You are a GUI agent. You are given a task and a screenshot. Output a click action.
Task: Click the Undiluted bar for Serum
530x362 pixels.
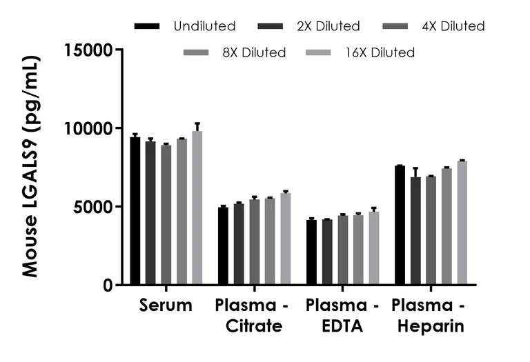(x=135, y=211)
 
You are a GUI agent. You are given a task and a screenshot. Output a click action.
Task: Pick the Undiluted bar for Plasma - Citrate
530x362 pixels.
(x=223, y=246)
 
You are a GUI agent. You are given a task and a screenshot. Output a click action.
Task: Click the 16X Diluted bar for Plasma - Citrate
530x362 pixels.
(x=285, y=239)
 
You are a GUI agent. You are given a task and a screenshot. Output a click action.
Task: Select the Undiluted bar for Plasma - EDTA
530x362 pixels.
(x=311, y=252)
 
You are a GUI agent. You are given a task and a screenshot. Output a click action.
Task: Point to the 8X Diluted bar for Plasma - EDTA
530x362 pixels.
(x=358, y=250)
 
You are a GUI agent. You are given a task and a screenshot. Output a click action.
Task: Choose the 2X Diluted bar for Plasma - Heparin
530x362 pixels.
(x=415, y=231)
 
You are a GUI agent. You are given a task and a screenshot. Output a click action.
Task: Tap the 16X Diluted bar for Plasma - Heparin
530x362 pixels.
(x=462, y=223)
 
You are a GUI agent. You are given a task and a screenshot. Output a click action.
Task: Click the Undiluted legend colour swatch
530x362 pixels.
(x=148, y=26)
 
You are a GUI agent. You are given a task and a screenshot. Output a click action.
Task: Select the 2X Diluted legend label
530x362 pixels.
(x=329, y=26)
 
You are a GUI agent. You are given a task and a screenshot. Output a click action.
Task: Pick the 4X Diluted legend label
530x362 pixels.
(x=453, y=26)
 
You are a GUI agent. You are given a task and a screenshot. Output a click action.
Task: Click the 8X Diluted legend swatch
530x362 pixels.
(x=197, y=52)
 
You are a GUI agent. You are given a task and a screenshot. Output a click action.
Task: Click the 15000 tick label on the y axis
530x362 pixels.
(x=88, y=50)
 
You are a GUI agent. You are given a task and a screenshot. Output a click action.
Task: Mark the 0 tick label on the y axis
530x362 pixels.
(x=108, y=285)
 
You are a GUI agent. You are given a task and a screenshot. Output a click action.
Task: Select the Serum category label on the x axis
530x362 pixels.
(x=166, y=305)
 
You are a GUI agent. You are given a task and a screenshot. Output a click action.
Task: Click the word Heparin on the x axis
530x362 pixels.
(x=430, y=326)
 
